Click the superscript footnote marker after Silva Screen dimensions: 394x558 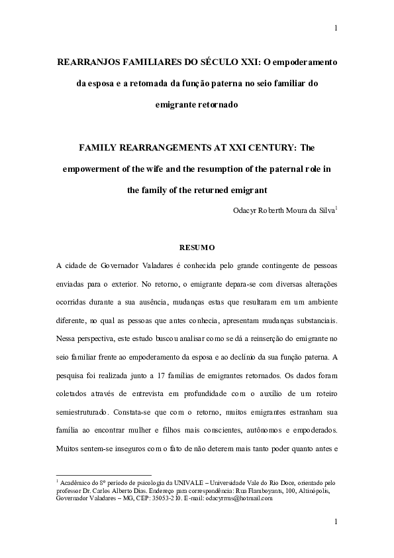point(337,208)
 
